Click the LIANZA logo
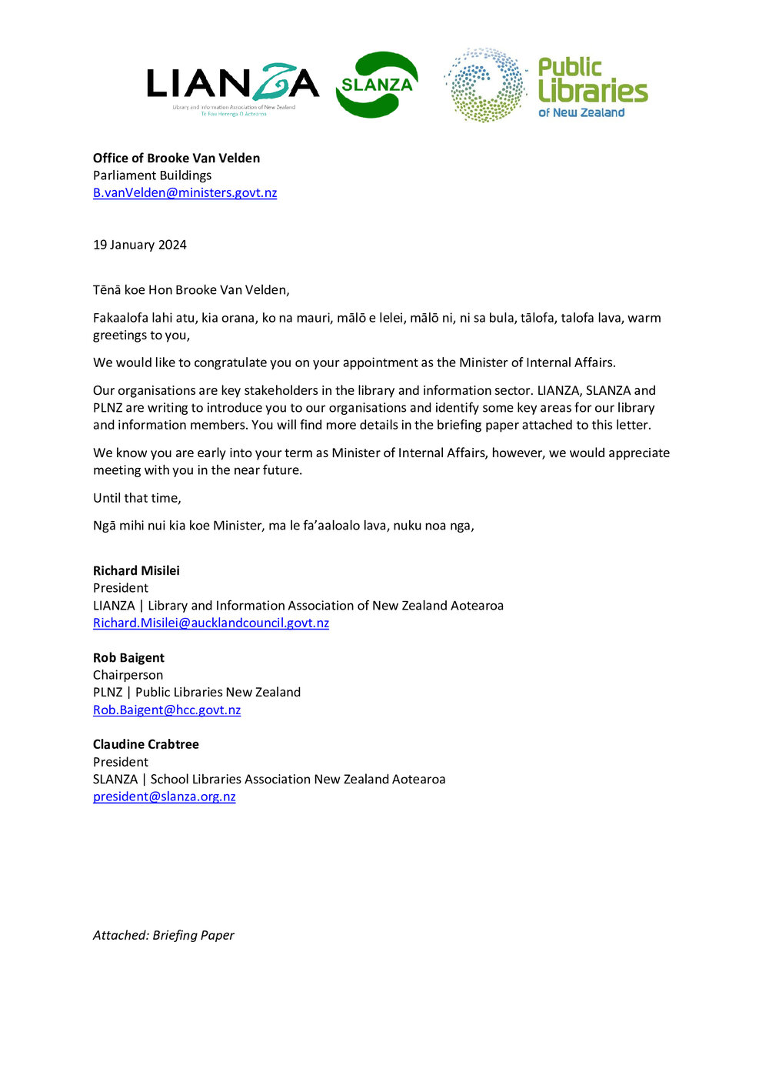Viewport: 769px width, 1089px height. tap(232, 85)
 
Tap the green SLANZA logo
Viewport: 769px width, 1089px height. tap(377, 85)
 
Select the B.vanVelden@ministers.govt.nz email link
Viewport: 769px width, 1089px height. tap(185, 192)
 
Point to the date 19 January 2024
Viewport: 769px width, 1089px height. tap(140, 245)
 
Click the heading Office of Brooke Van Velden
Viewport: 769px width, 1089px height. tap(176, 158)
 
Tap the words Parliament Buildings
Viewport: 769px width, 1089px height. tap(152, 175)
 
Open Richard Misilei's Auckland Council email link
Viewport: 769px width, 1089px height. tap(211, 623)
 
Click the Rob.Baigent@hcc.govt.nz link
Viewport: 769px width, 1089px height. tap(167, 710)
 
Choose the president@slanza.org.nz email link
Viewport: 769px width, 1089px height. tap(164, 797)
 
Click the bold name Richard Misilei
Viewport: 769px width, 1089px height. tap(136, 570)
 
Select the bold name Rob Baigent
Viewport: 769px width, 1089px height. tap(128, 657)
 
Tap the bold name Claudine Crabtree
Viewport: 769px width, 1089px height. tap(146, 744)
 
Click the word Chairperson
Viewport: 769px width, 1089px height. tap(128, 675)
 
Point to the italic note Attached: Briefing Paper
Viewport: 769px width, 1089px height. tap(163, 935)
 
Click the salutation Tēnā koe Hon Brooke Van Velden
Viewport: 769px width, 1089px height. tap(191, 290)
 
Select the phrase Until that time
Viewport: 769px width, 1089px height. tap(137, 498)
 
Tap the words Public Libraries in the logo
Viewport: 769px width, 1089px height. tap(592, 80)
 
